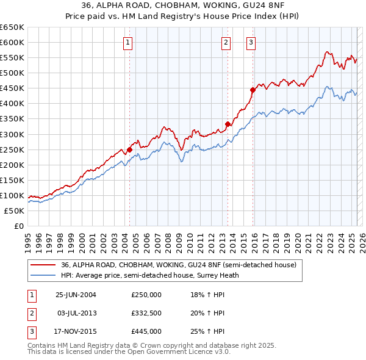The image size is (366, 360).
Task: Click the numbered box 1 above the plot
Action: click(128, 42)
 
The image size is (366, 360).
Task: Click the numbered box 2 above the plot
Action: click(226, 42)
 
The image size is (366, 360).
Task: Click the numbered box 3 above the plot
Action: click(251, 42)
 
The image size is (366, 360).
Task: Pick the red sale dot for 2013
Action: click(228, 124)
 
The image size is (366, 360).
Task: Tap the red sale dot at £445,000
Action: click(253, 89)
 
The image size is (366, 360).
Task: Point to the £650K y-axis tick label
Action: click(12, 27)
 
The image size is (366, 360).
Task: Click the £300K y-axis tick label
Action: click(12, 134)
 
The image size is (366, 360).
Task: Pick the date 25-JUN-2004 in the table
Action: click(76, 295)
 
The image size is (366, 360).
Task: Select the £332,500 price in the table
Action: click(146, 313)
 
